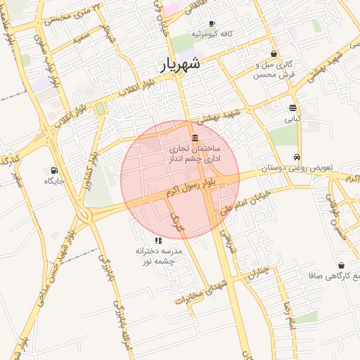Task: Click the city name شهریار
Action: click(176, 65)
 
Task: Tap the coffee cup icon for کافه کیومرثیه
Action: click(212, 23)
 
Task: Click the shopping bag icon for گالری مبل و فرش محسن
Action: click(274, 53)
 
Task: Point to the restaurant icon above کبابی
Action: click(292, 108)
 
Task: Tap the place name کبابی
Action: click(292, 119)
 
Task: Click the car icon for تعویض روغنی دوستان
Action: click(299, 157)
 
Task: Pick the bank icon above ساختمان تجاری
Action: click(195, 137)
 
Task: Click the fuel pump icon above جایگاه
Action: click(53, 170)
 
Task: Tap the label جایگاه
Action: click(54, 181)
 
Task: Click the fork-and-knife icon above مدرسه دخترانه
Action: click(157, 240)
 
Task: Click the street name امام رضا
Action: click(288, 302)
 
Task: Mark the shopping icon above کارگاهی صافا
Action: click(342, 266)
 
